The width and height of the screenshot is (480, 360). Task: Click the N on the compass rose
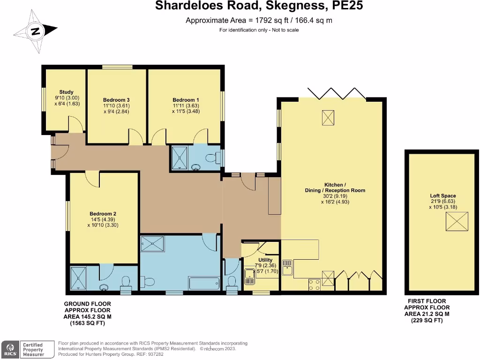click(x=35, y=32)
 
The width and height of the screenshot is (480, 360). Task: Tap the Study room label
click(x=66, y=92)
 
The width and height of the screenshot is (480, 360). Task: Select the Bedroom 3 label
click(x=116, y=100)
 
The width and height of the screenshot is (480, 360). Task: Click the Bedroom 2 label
click(x=103, y=214)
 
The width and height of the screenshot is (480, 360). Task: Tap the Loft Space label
click(x=443, y=196)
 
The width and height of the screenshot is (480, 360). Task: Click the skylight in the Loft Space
click(x=457, y=221)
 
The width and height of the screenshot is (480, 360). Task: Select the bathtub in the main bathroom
click(x=203, y=284)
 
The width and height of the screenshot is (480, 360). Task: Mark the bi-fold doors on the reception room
click(x=336, y=93)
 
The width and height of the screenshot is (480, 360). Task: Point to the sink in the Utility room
click(x=249, y=276)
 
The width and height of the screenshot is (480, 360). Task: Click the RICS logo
click(x=10, y=349)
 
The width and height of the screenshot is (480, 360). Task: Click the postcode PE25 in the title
click(x=346, y=6)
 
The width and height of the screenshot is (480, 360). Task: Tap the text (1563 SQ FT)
click(x=88, y=323)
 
